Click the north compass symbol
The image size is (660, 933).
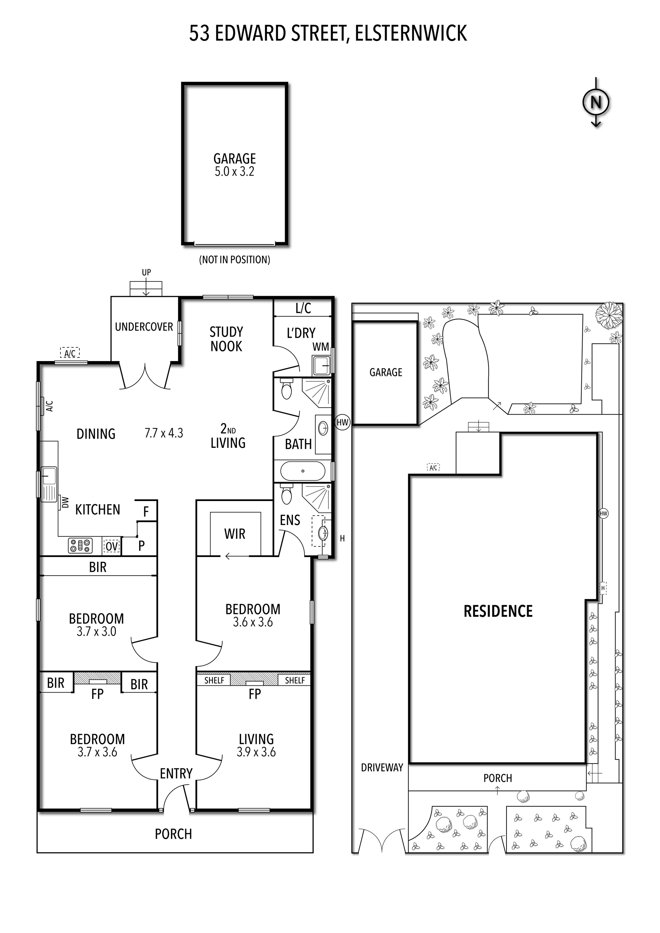(x=596, y=102)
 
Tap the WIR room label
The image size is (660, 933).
(x=235, y=534)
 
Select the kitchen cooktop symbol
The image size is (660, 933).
(x=80, y=546)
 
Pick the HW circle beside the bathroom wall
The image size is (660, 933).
(x=342, y=422)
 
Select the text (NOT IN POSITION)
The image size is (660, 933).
(x=235, y=260)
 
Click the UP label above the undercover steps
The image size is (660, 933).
(x=146, y=272)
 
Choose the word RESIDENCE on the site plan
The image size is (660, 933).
(x=498, y=611)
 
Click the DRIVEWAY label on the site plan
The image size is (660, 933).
(x=382, y=768)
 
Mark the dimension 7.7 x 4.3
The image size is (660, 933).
(x=164, y=433)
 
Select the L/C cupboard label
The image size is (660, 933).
(x=303, y=309)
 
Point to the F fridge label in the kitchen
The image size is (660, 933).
(x=146, y=512)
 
